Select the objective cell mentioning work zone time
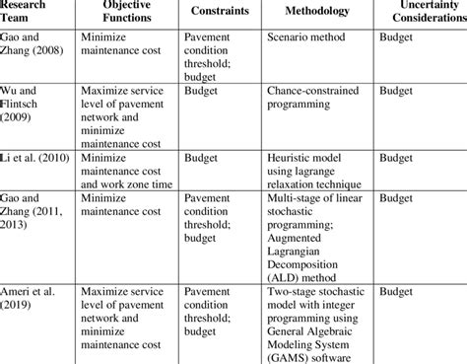pyautogui.click(x=133, y=170)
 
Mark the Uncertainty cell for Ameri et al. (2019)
pyautogui.click(x=397, y=293)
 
